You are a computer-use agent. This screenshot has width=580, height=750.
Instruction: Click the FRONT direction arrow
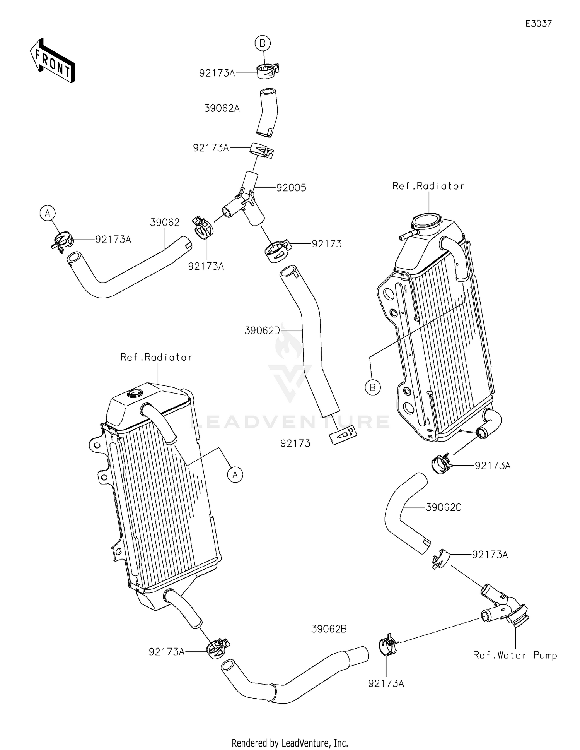tap(52, 60)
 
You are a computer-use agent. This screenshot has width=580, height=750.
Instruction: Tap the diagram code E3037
tap(538, 24)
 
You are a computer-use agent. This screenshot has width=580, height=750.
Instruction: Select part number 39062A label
tap(222, 108)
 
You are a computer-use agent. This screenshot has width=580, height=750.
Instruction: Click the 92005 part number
tap(291, 188)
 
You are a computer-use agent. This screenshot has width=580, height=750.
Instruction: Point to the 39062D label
tap(262, 330)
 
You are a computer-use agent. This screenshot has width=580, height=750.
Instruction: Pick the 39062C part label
tap(444, 507)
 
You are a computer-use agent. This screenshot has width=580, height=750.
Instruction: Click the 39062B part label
tap(329, 629)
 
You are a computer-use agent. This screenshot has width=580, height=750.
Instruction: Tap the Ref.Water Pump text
tap(515, 655)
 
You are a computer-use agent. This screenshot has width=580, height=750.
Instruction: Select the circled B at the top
tap(263, 43)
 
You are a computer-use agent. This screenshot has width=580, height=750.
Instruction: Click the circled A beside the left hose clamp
tap(48, 213)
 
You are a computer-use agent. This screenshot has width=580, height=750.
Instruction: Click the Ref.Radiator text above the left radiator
tap(156, 357)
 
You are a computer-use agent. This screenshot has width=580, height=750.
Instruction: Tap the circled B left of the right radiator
tap(373, 387)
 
